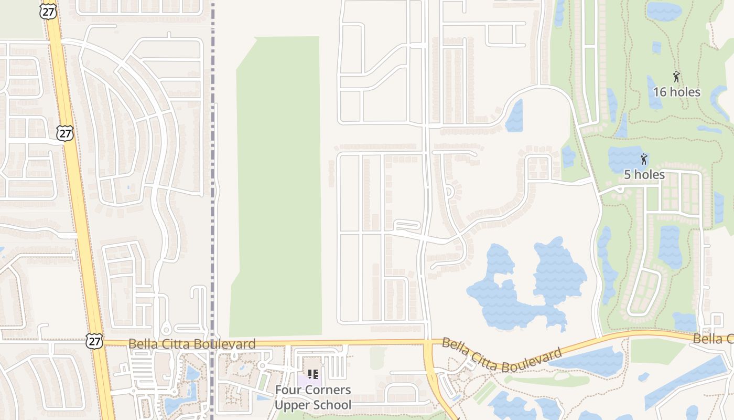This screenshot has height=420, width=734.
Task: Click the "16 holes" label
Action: coord(676,92)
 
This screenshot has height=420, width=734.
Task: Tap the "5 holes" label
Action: coord(644,174)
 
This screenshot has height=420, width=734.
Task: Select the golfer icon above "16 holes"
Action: coord(676,77)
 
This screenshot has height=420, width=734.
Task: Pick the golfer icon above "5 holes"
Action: coord(644,159)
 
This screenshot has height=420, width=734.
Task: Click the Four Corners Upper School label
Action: coord(313,397)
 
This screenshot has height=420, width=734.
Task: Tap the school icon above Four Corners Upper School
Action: coord(313,374)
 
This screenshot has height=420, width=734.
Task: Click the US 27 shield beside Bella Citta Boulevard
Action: coord(95,341)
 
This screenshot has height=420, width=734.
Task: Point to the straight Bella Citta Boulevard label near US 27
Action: coord(192,344)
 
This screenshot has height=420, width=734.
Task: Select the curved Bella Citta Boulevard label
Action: coord(502,356)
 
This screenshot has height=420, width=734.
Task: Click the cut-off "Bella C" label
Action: coord(713,339)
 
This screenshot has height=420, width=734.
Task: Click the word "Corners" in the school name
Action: coord(329,390)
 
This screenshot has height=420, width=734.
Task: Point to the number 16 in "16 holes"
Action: coord(660,92)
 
